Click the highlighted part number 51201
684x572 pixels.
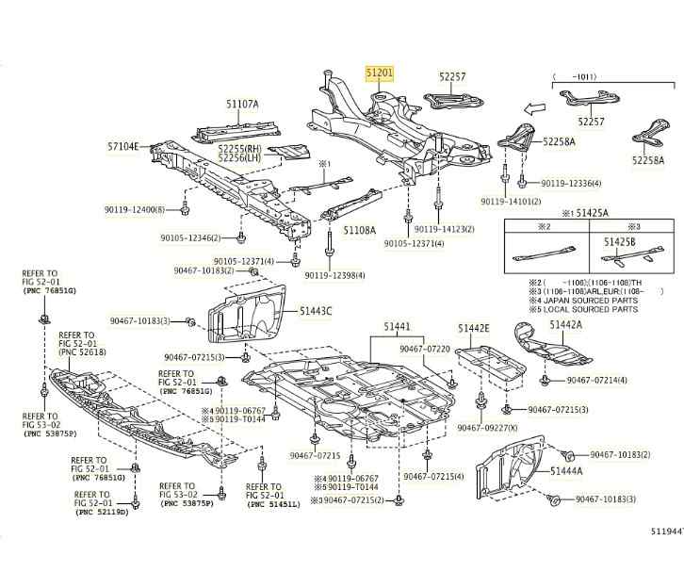382,72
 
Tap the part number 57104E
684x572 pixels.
122,147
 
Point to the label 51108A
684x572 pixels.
359,229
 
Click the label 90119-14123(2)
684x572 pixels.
445,229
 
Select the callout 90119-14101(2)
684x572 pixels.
511,202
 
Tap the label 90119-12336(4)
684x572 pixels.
573,182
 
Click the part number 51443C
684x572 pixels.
317,310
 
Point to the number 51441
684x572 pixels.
397,327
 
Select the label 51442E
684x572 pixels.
474,328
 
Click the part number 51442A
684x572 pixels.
566,324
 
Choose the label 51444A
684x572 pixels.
566,470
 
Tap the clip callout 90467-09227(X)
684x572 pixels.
488,427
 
